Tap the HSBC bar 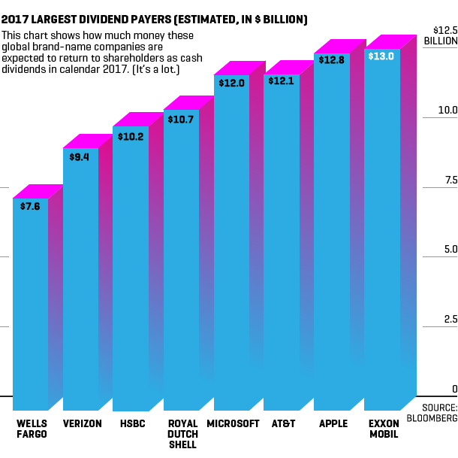pos(131,271)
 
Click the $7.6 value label pos(30,207)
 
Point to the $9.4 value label pos(80,157)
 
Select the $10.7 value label pos(181,119)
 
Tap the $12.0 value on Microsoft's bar pos(231,83)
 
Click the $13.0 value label pos(381,56)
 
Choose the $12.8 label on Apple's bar pos(331,59)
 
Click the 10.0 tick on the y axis pos(447,111)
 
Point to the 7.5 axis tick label pos(450,180)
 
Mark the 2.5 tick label pos(450,320)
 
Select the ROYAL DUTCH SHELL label pos(182,434)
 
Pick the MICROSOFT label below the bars pos(233,423)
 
